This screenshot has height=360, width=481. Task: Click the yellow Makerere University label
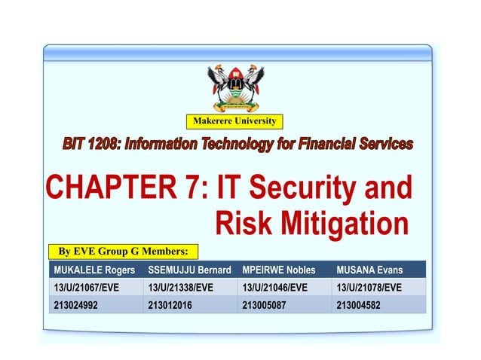click(x=234, y=121)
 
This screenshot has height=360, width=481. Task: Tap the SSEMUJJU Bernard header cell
click(x=189, y=270)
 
